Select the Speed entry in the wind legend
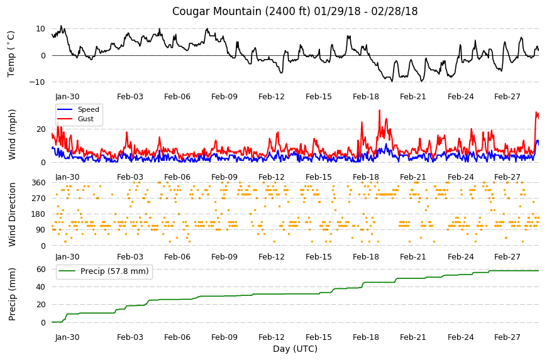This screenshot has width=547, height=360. (88, 109)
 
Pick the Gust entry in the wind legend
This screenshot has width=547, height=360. (86, 119)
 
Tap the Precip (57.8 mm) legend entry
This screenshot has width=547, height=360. (114, 271)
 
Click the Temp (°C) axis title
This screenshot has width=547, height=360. (11, 54)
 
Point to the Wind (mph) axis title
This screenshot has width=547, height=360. (12, 134)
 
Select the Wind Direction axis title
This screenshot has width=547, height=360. (12, 214)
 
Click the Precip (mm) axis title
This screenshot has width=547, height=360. (12, 294)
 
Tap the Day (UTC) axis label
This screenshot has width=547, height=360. (295, 349)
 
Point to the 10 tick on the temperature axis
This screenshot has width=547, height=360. (40, 29)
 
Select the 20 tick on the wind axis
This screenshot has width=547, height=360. (41, 129)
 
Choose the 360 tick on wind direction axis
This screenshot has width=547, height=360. (39, 183)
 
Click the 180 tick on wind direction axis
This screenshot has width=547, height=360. (39, 214)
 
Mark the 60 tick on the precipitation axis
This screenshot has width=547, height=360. (41, 270)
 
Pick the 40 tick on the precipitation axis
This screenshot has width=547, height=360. (41, 287)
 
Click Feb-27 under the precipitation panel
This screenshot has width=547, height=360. (507, 337)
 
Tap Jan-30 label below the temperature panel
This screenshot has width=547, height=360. (67, 97)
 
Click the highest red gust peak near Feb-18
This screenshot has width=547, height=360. (380, 111)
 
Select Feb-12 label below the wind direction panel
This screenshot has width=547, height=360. (272, 257)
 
